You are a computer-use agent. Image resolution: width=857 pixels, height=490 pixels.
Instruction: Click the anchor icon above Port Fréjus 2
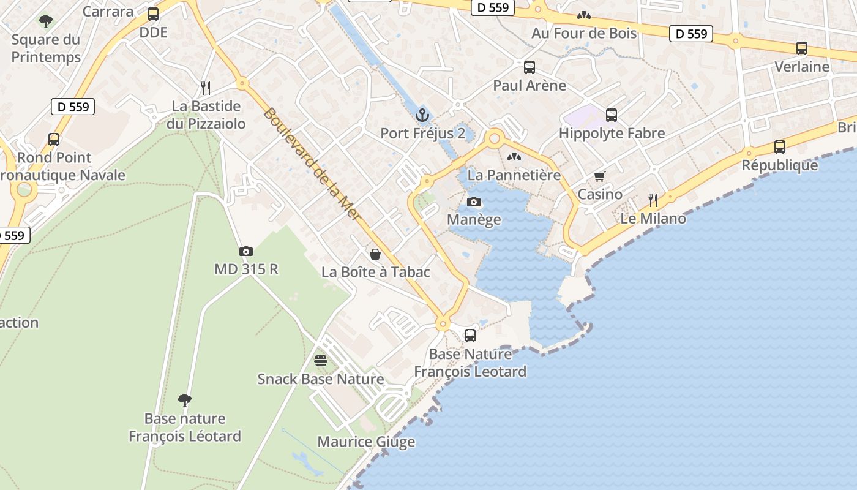[422, 115]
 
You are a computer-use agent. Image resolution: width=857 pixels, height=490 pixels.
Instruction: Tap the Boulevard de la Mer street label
[312, 165]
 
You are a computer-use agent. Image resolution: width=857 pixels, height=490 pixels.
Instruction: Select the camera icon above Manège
[474, 202]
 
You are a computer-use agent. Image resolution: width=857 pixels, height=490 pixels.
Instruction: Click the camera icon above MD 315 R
[246, 251]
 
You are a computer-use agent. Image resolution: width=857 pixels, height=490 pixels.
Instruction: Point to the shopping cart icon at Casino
[599, 177]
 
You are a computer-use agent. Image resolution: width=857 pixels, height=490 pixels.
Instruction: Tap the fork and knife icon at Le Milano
[653, 200]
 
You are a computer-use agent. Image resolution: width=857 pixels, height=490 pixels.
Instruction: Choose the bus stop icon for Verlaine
[802, 48]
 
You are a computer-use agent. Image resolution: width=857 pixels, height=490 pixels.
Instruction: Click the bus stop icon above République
[779, 147]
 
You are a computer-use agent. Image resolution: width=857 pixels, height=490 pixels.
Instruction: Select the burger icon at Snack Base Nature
[321, 361]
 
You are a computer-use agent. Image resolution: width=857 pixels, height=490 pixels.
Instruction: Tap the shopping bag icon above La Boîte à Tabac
[375, 254]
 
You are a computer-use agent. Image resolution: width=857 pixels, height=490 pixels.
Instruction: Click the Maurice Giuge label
[366, 442]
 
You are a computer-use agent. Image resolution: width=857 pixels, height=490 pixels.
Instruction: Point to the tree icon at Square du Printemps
[46, 22]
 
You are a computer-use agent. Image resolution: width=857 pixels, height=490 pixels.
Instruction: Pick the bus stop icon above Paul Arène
[530, 67]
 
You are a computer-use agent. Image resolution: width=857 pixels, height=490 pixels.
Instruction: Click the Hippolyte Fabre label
[612, 133]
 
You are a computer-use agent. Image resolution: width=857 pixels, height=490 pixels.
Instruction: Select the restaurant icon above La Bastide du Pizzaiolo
[206, 88]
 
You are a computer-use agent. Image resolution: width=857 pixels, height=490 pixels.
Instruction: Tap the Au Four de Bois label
[584, 33]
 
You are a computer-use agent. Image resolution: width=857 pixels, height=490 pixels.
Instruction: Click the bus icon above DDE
[153, 13]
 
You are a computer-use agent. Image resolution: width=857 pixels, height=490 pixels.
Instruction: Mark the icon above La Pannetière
[514, 157]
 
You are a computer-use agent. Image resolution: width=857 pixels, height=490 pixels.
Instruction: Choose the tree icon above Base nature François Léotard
[185, 401]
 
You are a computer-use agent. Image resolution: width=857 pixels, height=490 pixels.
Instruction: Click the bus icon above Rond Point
[54, 140]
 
